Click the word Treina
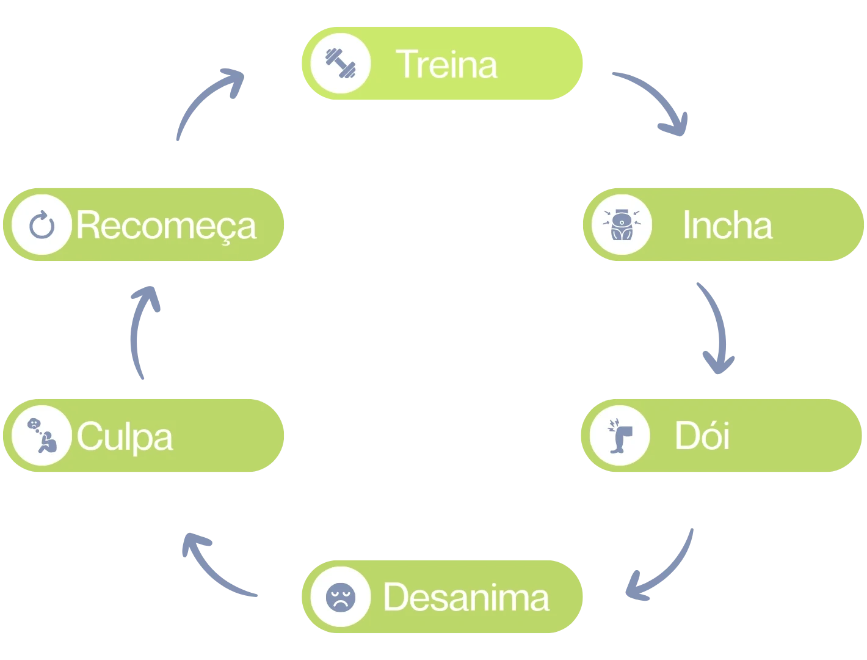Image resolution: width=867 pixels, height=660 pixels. click(446, 64)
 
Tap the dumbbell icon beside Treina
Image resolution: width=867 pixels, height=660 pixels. click(340, 63)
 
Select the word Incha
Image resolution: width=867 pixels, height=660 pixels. click(727, 225)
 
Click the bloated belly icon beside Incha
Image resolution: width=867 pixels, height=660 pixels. click(621, 225)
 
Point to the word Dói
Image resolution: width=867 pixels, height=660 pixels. click(702, 436)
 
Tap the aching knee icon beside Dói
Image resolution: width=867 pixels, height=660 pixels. click(620, 436)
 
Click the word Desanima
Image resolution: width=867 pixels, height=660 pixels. click(466, 597)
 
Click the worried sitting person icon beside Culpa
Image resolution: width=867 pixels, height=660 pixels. click(42, 436)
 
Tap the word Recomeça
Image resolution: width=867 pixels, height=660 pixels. click(166, 226)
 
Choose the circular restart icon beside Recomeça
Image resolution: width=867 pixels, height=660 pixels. click(42, 225)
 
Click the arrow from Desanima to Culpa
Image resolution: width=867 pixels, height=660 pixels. click(214, 565)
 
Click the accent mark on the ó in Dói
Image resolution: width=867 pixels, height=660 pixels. click(706, 421)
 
